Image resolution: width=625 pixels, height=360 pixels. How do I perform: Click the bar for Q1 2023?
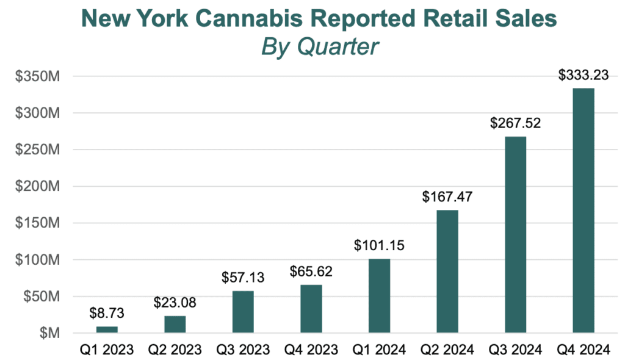107,329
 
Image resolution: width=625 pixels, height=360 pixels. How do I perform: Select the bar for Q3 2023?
243,312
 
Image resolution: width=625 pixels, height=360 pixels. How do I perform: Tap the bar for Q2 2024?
447,272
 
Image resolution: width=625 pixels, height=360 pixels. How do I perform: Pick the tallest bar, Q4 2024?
583,211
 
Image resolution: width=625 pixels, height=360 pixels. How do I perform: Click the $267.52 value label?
516,123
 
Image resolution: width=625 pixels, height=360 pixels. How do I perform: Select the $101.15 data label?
379,246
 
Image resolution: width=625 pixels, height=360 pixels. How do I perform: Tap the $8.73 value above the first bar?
107,314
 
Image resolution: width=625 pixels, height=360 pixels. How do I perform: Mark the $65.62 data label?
311,272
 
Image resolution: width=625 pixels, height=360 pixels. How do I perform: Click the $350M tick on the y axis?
38,77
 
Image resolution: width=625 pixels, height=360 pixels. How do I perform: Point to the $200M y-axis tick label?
38,187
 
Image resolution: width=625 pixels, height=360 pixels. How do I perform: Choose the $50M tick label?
41,297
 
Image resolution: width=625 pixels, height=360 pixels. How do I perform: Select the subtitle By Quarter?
320,47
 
